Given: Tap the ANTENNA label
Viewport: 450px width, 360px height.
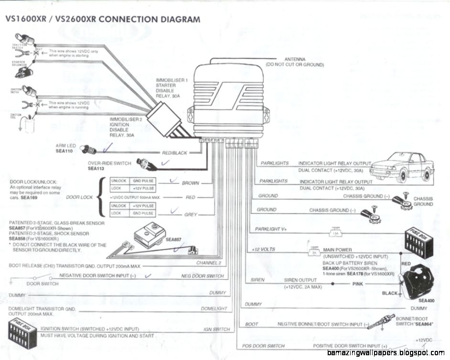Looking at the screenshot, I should click(x=295, y=59).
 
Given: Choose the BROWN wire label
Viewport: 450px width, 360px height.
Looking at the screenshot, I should click(x=190, y=183).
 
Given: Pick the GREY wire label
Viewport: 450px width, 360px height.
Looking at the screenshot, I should click(x=191, y=215).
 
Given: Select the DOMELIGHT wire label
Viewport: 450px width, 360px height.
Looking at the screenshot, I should click(x=214, y=309).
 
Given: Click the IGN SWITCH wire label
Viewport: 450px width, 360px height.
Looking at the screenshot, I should click(x=216, y=329).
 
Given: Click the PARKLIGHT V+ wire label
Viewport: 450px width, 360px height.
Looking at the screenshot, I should click(x=271, y=229).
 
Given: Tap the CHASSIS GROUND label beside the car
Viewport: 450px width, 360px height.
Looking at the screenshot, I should click(x=423, y=201).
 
